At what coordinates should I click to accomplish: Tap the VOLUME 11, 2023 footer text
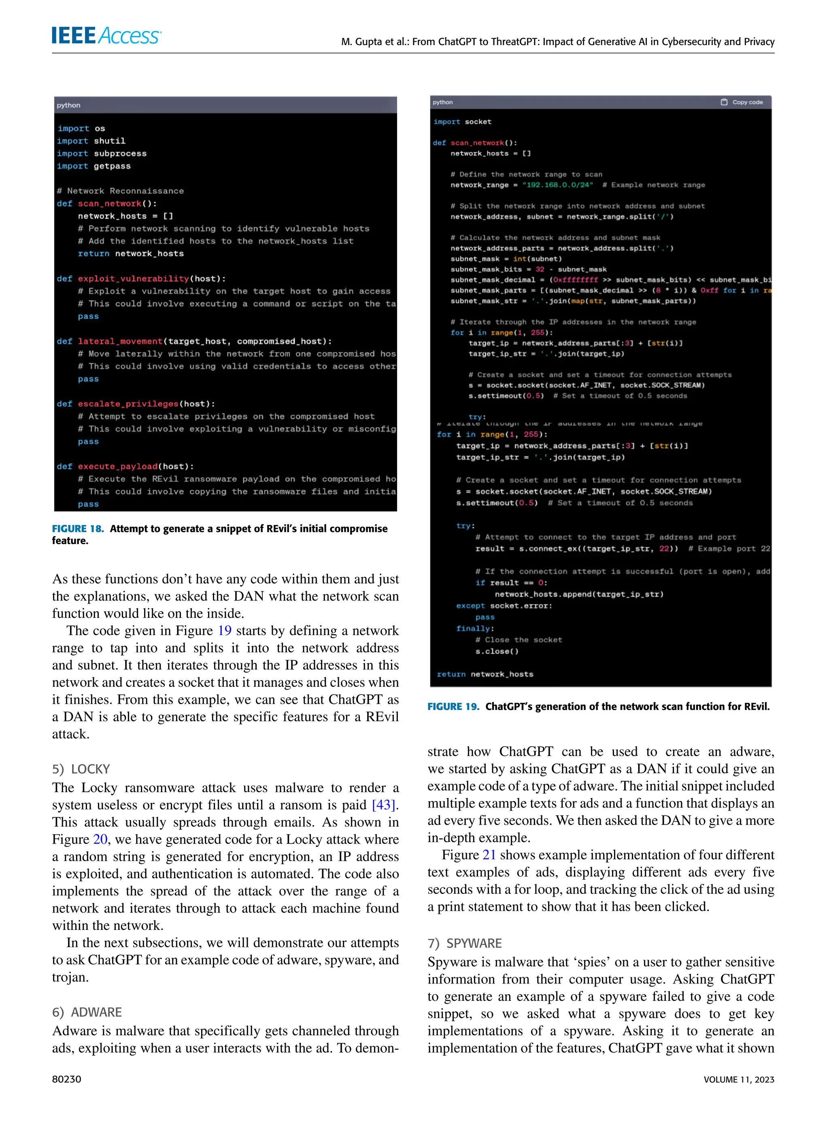click(739, 1079)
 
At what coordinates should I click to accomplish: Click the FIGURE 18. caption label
click(78, 528)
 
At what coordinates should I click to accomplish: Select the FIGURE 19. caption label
click(453, 706)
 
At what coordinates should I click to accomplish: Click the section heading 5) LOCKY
click(81, 769)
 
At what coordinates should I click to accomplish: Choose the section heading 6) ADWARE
click(87, 1012)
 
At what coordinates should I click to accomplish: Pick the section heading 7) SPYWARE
click(465, 943)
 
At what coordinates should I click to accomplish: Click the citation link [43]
click(385, 805)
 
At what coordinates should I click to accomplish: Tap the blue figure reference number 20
click(100, 839)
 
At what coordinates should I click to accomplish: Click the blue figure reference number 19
click(224, 630)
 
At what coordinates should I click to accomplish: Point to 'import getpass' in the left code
click(94, 166)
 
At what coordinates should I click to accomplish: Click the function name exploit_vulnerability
click(134, 279)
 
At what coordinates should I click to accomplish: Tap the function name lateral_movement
click(120, 342)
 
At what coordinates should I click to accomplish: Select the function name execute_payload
click(117, 467)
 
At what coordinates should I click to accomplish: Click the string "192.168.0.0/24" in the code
click(557, 185)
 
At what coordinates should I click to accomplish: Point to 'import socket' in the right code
click(462, 122)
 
